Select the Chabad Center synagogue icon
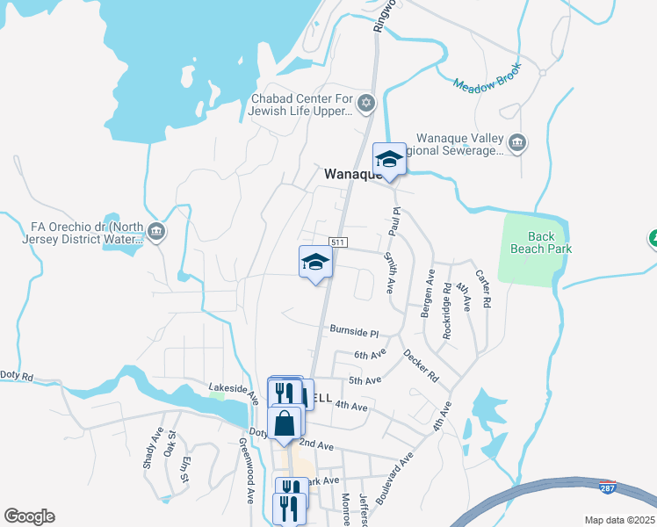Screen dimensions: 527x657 [367, 105]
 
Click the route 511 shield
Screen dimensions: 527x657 [338, 242]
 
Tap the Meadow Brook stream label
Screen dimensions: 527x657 [487, 76]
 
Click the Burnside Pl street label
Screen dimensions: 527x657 [353, 333]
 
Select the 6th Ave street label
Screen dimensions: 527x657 [370, 355]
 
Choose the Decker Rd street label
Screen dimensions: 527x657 [421, 366]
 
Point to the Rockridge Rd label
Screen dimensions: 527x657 [448, 299]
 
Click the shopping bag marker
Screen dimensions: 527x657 [285, 424]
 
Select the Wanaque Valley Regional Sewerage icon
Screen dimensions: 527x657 [517, 141]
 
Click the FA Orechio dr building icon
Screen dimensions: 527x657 [156, 232]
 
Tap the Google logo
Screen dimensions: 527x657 [29, 516]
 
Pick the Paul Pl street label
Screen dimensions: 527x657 [396, 221]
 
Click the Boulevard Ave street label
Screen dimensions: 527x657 [393, 479]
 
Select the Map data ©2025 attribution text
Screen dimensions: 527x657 [618, 520]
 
